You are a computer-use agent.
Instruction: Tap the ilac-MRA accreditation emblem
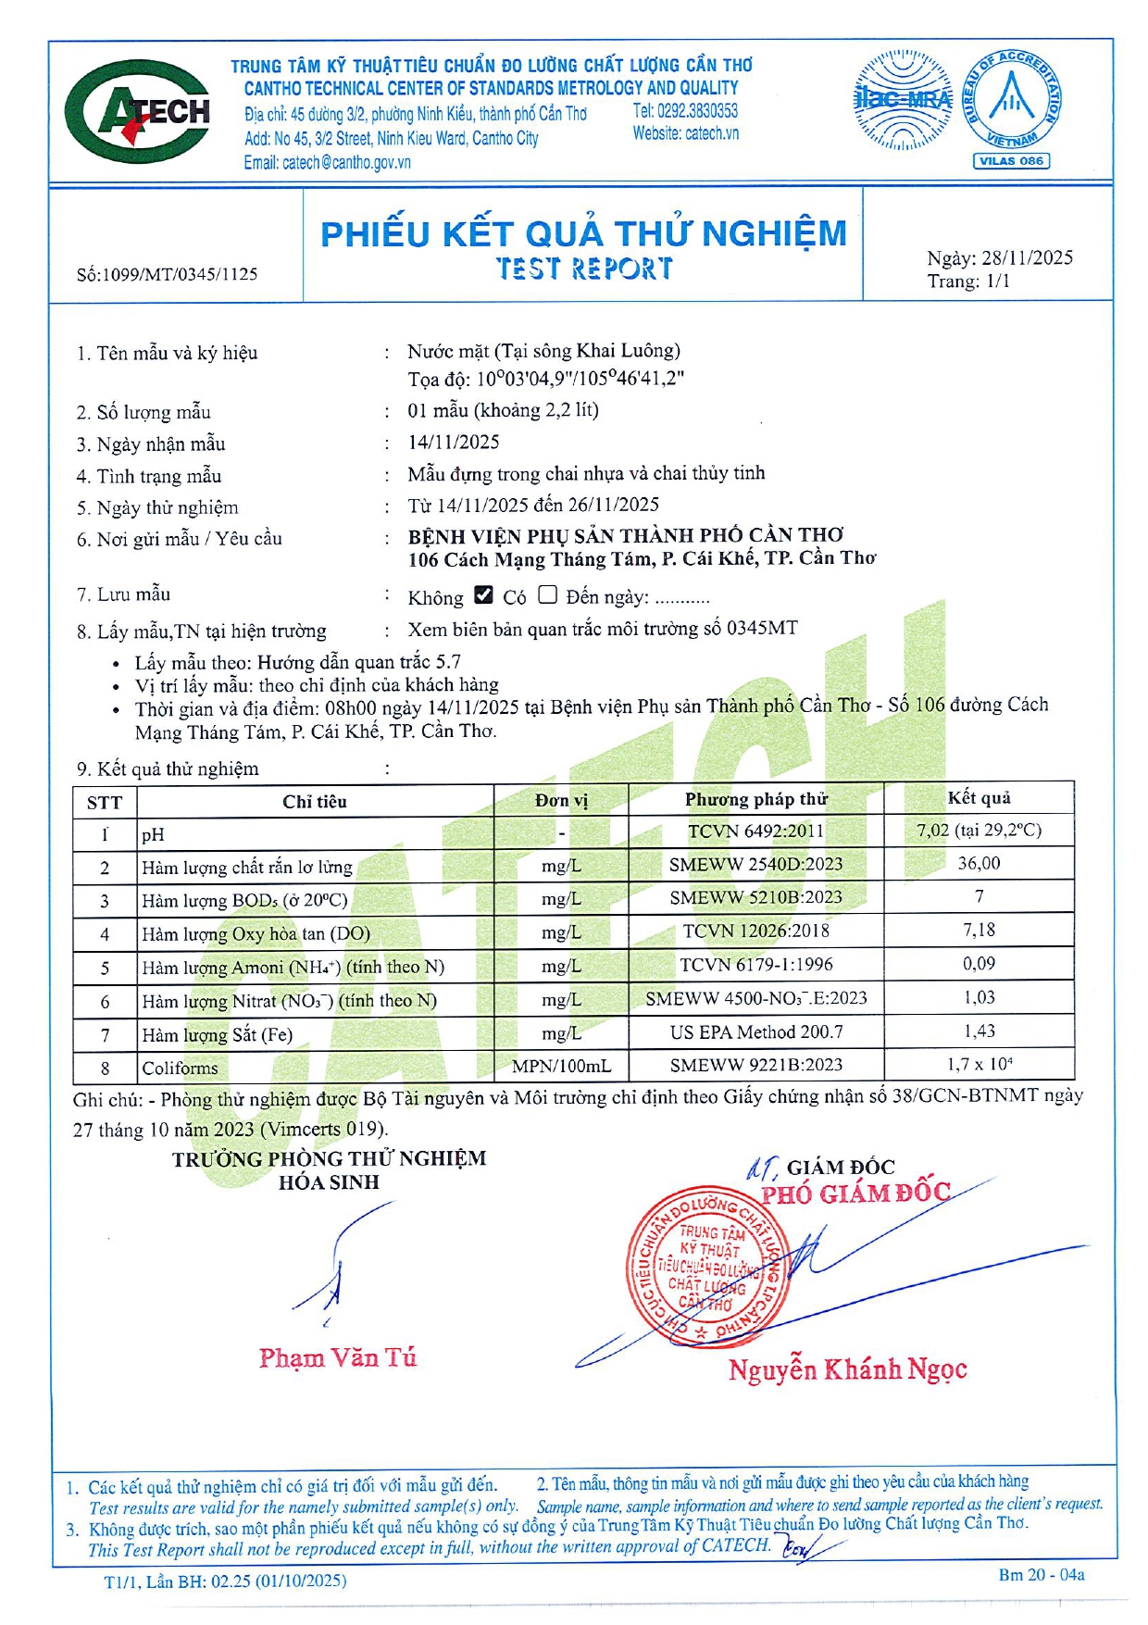tap(902, 100)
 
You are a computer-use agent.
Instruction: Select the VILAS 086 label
tap(1011, 161)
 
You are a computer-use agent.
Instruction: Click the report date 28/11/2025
tap(1028, 258)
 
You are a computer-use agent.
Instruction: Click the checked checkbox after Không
tap(483, 595)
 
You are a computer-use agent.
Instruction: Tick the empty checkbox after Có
tap(547, 595)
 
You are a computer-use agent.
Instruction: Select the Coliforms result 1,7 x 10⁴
tap(979, 1065)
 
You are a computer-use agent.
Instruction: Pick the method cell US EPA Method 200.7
tap(756, 1031)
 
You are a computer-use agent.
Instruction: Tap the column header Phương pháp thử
tap(756, 799)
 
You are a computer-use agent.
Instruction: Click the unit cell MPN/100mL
tap(561, 1066)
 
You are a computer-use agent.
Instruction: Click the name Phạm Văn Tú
tap(338, 1358)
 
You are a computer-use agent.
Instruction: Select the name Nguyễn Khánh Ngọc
tap(847, 1369)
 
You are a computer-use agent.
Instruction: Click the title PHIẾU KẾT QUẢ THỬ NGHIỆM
tap(583, 233)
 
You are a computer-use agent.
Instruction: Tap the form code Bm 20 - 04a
tap(1041, 1574)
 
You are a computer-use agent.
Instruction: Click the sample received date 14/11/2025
tap(454, 443)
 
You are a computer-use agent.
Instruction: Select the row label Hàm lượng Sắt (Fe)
tap(217, 1034)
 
